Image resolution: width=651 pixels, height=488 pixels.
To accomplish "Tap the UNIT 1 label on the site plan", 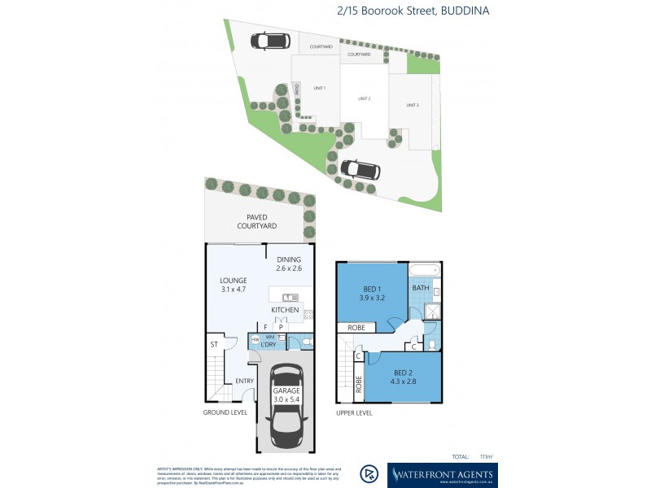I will click(319, 88).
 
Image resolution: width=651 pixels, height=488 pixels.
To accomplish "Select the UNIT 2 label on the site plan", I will click(364, 98).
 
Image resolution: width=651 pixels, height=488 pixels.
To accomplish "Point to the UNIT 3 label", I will click(413, 105).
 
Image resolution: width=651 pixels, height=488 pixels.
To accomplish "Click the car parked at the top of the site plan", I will click(269, 41).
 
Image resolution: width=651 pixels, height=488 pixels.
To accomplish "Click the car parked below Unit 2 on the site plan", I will click(360, 169).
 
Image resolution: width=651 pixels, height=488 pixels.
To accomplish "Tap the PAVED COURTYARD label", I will click(257, 221).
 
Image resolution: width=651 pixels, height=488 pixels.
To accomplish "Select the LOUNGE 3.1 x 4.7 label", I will click(233, 284).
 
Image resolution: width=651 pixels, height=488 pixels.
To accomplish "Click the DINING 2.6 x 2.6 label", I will click(289, 264).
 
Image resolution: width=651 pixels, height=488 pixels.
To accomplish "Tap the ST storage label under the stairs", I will click(214, 345).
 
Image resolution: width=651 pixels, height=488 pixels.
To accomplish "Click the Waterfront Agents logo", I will click(442, 474).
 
